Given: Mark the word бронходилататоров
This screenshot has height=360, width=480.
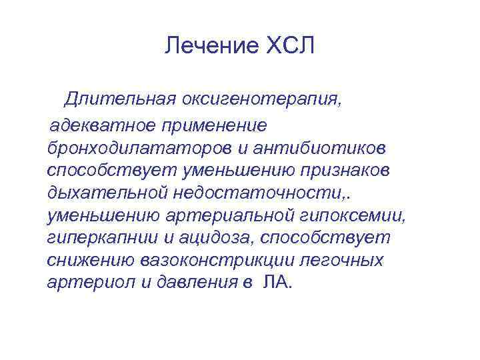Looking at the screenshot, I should [x=136, y=146].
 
